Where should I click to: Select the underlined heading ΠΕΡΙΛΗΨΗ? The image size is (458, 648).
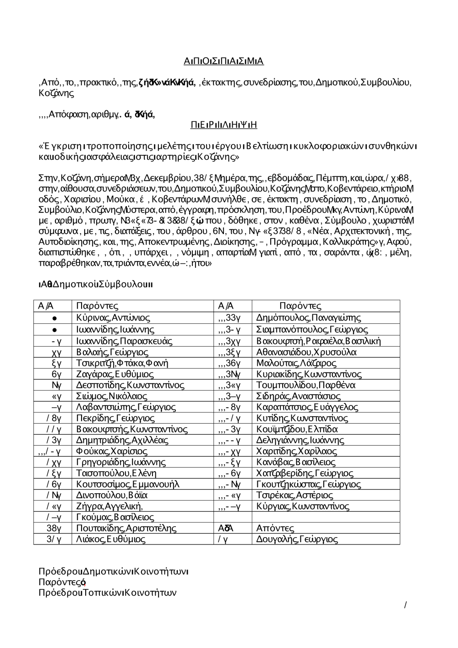tap(224, 125)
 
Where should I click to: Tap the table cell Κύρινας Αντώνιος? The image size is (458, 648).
tap(113, 318)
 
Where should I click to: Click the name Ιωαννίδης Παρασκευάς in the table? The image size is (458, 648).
tap(124, 341)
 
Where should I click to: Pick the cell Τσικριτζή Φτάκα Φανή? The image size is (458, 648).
tap(122, 363)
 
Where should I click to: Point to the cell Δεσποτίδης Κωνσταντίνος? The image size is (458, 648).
tap(131, 385)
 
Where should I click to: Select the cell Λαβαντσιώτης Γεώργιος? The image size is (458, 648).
tap(126, 407)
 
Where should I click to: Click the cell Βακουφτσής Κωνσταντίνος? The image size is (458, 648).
tap(132, 429)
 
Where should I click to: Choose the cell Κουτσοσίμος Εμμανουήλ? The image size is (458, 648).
tap(128, 484)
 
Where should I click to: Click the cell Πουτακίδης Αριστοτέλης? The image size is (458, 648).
tap(126, 528)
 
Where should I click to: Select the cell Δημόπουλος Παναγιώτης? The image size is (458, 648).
tap(309, 318)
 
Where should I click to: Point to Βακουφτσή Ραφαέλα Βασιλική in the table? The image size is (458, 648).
tap(319, 341)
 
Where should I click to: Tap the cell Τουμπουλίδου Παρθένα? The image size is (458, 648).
tap(306, 385)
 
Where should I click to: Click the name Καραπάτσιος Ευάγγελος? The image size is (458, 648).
tap(307, 407)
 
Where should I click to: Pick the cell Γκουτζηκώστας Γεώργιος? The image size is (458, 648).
tap(309, 484)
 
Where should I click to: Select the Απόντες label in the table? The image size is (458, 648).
tap(275, 528)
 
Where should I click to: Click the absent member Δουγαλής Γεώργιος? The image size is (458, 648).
tap(297, 539)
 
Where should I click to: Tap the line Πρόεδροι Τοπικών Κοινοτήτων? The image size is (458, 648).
tap(108, 593)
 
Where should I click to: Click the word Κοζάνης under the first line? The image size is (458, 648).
tap(56, 93)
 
